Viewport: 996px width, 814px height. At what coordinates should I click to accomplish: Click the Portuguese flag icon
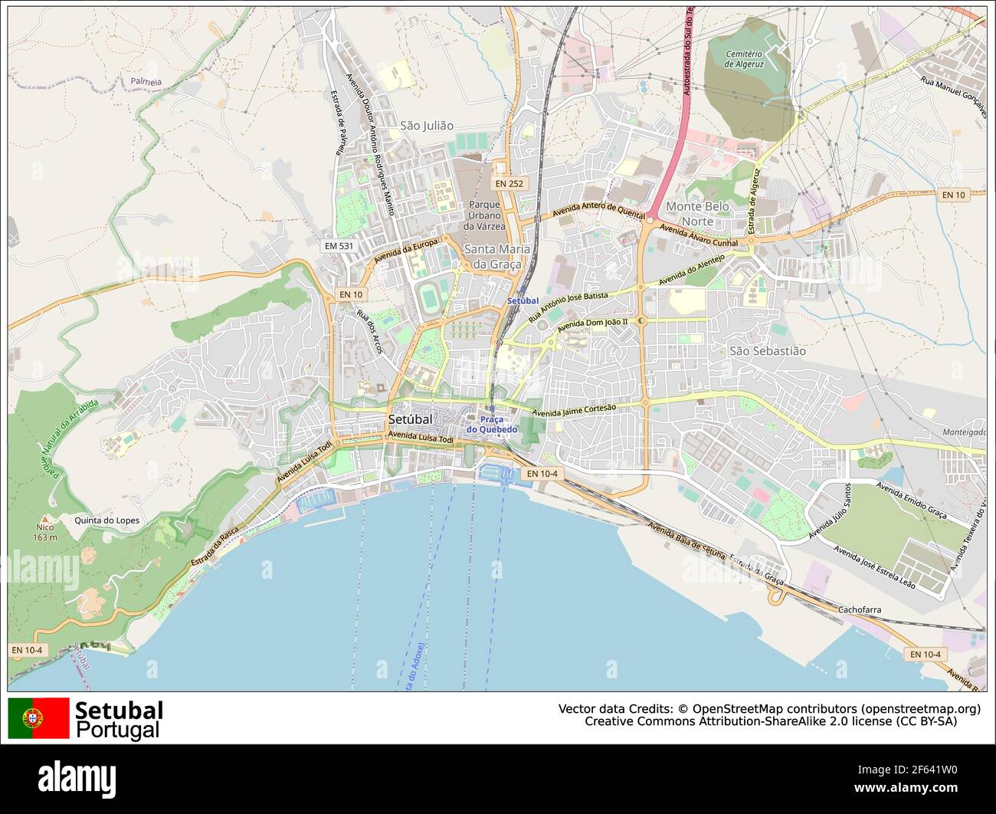[38, 718]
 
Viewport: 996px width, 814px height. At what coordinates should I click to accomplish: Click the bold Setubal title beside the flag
[119, 711]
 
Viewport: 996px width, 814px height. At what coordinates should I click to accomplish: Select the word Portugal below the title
[118, 730]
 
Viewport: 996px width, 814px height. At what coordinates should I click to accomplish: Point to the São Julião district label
[427, 126]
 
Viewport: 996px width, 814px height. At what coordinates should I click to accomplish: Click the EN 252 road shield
[509, 184]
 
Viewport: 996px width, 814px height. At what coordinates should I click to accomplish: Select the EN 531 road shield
[339, 246]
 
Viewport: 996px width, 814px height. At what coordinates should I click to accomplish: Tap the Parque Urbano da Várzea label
[484, 215]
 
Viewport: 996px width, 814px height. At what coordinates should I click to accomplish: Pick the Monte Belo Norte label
[697, 214]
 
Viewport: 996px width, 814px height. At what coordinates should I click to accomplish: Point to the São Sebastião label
[767, 351]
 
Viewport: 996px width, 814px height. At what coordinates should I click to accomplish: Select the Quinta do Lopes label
[106, 520]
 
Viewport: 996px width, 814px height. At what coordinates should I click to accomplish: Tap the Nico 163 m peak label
[45, 532]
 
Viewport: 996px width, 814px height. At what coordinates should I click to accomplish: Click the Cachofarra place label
[860, 610]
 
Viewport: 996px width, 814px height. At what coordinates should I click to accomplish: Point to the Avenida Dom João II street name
[592, 326]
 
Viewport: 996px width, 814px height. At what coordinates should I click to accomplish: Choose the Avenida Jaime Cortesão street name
[574, 411]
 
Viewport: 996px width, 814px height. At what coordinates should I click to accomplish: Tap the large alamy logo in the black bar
[77, 778]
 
